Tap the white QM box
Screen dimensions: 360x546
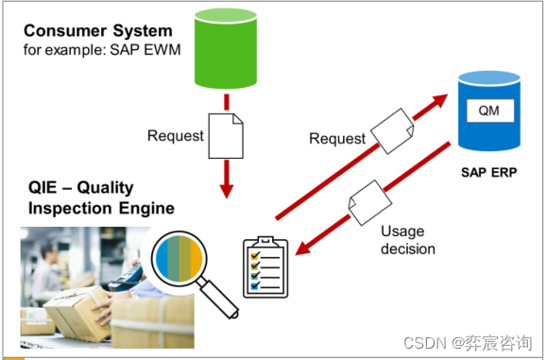pos(487,111)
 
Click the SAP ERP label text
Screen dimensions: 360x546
pos(487,173)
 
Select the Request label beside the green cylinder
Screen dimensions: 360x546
pos(176,135)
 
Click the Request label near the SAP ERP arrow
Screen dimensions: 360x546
pos(337,139)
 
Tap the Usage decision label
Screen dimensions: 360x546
pos(407,240)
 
